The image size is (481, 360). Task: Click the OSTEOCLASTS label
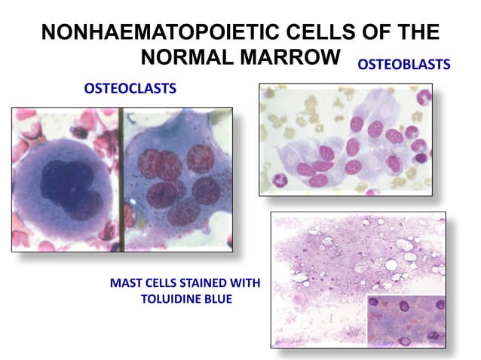coord(130,89)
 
